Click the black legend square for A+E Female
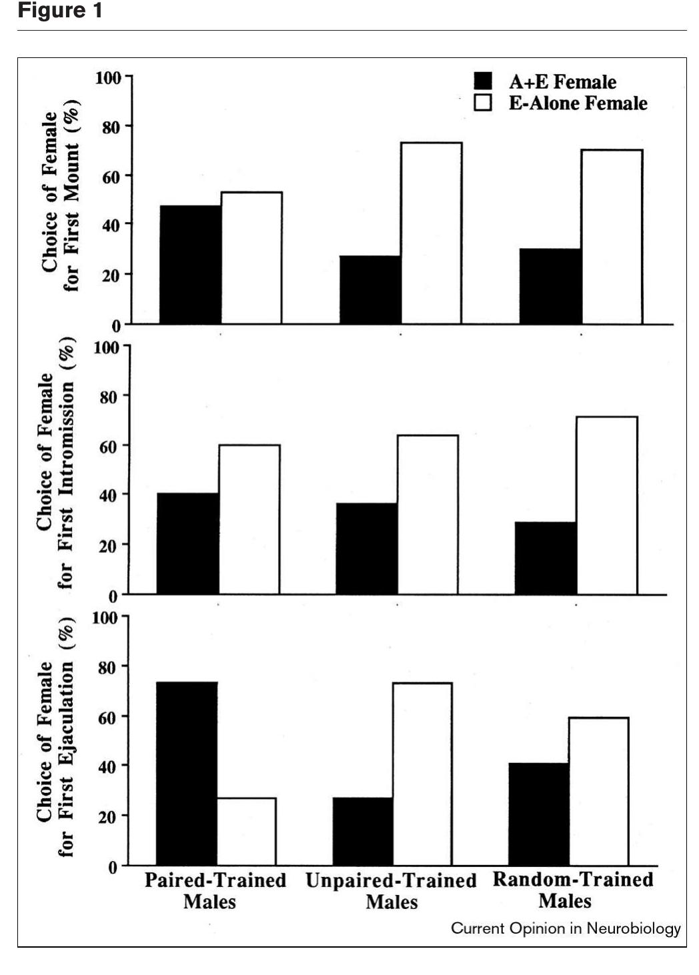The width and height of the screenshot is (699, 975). [x=483, y=81]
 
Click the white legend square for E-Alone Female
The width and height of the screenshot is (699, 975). [x=483, y=103]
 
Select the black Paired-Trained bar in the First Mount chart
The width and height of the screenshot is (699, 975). [x=190, y=265]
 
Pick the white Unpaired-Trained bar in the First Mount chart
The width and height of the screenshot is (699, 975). [x=431, y=233]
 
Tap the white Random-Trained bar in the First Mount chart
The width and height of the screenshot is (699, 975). [x=612, y=237]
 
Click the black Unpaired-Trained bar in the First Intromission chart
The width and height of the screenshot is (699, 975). [x=366, y=548]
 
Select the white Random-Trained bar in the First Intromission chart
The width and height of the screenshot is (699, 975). [x=606, y=506]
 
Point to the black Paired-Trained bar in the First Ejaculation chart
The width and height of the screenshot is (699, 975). [x=186, y=774]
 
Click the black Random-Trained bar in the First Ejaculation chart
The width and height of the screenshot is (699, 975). [x=538, y=814]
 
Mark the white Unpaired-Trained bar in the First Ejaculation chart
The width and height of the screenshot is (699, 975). [x=422, y=774]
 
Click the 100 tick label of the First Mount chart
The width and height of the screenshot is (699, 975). [x=108, y=78]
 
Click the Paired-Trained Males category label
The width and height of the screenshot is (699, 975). [x=215, y=891]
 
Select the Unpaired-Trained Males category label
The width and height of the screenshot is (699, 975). [x=391, y=892]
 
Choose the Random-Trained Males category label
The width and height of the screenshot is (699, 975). [x=572, y=890]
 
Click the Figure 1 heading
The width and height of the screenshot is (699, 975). [x=60, y=11]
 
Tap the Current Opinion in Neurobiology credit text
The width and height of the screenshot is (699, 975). [x=566, y=928]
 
